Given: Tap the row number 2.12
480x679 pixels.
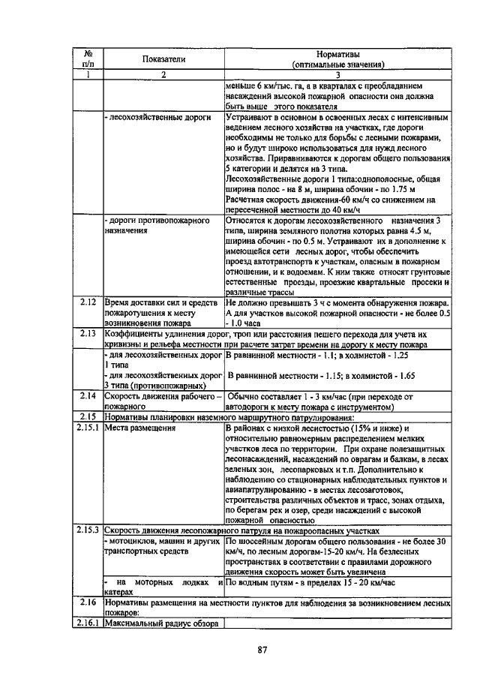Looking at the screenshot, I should coord(88,302).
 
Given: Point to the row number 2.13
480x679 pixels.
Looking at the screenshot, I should coord(88,332).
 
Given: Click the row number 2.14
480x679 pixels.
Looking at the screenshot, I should coord(88,396).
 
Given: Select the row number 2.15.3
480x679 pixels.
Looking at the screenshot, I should coord(88,531).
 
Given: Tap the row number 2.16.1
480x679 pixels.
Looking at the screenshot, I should coord(88,623).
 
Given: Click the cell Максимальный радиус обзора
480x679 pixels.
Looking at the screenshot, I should coord(160,623).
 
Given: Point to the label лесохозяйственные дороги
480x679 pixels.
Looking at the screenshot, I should coord(157,119).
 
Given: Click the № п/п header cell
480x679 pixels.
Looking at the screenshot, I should coord(88,59).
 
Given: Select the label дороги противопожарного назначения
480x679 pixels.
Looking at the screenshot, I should coord(155,226).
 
